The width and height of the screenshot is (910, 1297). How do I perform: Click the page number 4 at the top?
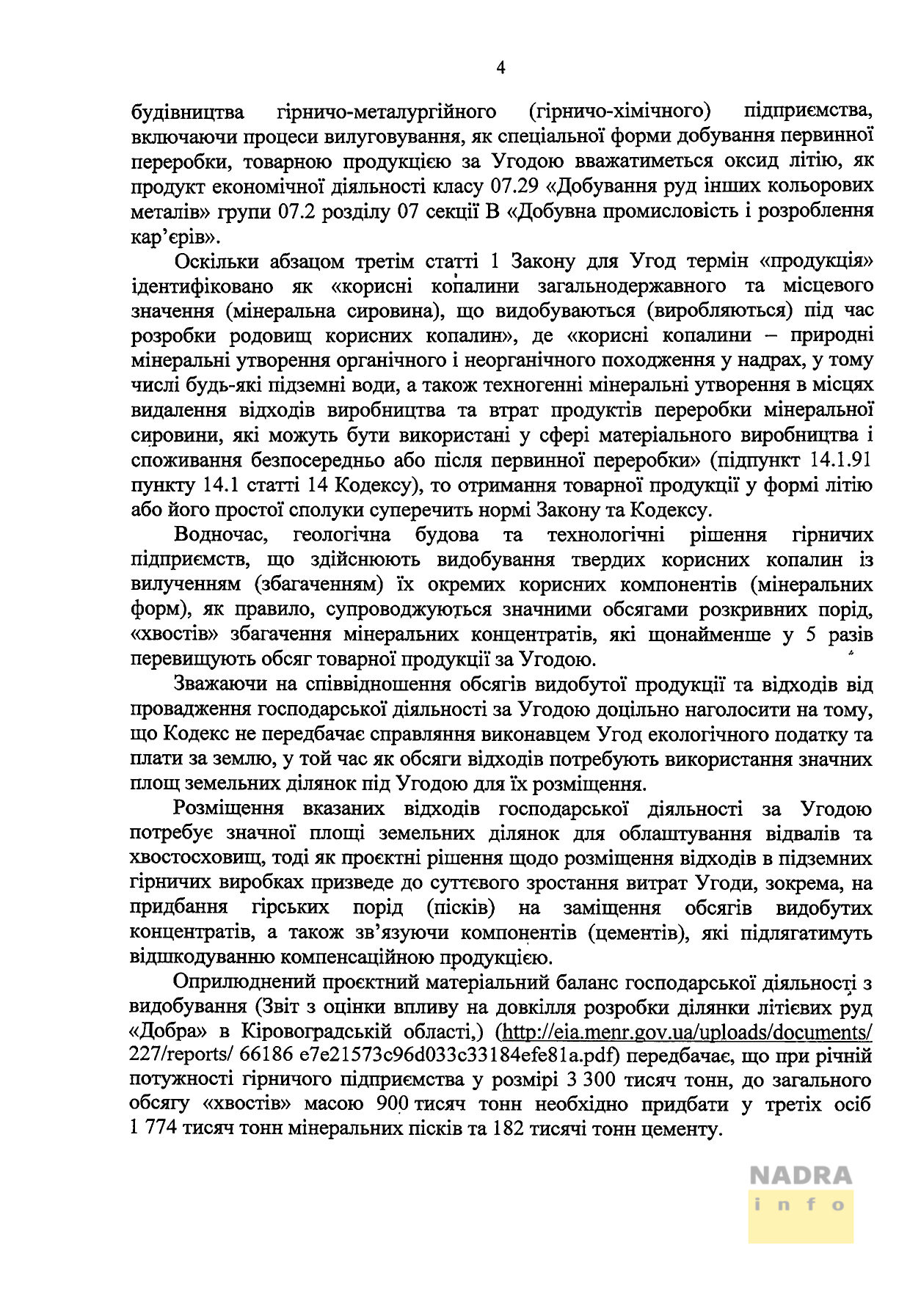click(500, 68)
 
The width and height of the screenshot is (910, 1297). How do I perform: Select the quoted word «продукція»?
click(818, 262)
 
